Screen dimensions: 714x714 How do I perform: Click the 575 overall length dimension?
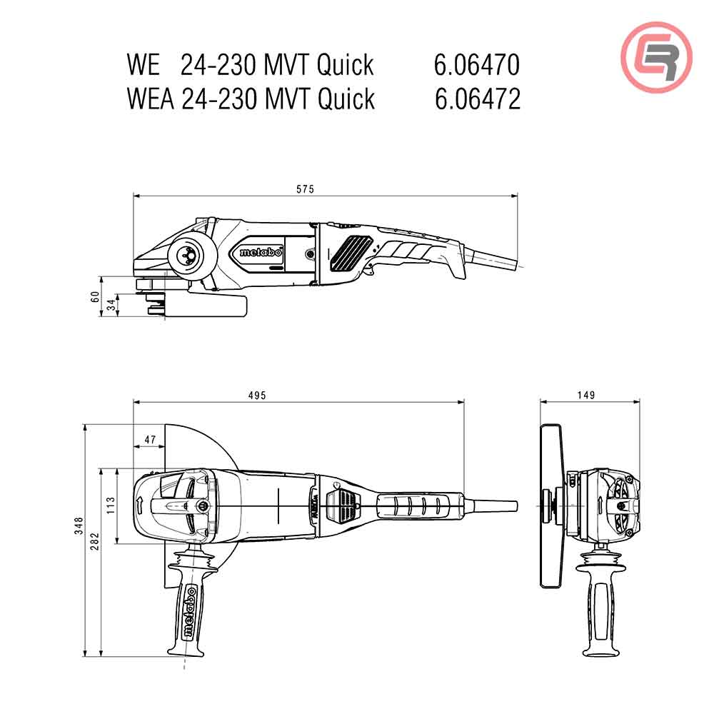click(306, 189)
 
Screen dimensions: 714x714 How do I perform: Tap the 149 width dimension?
click(587, 396)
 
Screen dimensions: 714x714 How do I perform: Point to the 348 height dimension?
click(79, 526)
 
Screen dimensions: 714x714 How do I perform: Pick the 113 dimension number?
click(111, 506)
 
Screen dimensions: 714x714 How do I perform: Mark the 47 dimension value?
click(149, 441)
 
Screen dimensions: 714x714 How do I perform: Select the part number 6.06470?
click(476, 65)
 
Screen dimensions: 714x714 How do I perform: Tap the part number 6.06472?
click(477, 99)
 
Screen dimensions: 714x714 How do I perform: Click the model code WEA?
click(150, 99)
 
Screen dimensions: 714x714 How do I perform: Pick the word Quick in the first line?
click(346, 65)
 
